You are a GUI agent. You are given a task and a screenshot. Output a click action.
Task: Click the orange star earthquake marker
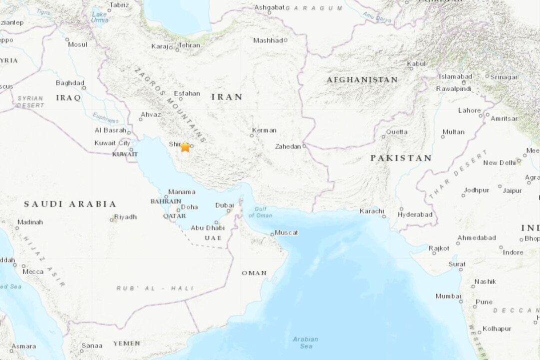(185, 146)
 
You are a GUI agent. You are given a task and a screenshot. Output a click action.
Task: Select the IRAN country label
(227, 97)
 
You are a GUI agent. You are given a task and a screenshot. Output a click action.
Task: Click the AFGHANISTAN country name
(362, 79)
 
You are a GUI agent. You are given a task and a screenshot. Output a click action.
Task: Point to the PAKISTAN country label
(401, 158)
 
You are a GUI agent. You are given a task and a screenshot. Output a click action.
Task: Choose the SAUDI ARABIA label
(70, 204)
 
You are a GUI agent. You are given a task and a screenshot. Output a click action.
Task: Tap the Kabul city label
(416, 63)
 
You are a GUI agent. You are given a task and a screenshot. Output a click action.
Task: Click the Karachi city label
(371, 211)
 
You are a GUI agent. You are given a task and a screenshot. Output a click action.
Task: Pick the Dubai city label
(224, 205)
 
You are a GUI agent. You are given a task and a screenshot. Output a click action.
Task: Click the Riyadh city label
(125, 216)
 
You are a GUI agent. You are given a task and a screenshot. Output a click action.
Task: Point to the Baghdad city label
(69, 82)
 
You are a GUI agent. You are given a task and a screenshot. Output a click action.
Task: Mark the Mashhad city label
(268, 40)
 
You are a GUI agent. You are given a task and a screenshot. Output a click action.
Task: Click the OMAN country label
(254, 273)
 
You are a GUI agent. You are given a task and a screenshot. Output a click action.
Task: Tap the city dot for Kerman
(252, 134)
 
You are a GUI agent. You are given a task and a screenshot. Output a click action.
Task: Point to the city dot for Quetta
(383, 136)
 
